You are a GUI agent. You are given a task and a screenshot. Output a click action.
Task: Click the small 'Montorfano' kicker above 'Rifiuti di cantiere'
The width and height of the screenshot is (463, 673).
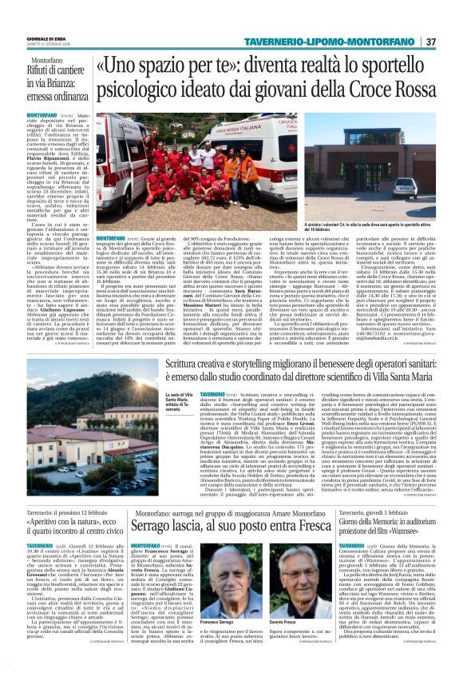coord(46,61)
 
